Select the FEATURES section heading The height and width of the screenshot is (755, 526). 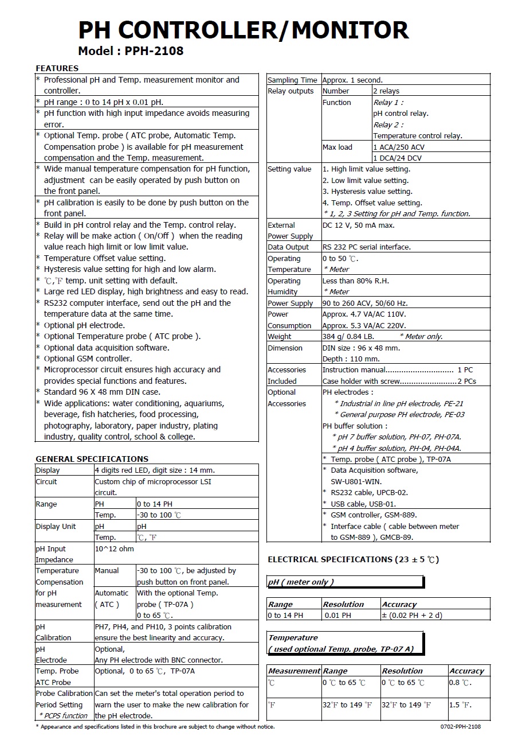point(57,68)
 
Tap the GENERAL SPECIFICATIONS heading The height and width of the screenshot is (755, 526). point(92,459)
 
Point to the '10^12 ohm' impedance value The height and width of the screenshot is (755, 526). point(114,548)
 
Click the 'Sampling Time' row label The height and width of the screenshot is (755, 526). point(292,80)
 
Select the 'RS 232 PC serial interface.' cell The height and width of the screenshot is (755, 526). point(367,247)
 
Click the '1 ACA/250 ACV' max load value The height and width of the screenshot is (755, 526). point(399,147)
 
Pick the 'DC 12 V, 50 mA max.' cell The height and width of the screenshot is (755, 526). point(359,225)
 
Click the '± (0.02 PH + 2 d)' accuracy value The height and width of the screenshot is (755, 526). point(412,615)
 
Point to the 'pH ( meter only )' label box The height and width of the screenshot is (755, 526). point(301,582)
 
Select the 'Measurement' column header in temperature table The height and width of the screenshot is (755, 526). point(294,671)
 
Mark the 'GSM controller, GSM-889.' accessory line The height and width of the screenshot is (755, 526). point(374,515)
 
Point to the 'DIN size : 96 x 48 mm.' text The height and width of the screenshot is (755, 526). point(362,348)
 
